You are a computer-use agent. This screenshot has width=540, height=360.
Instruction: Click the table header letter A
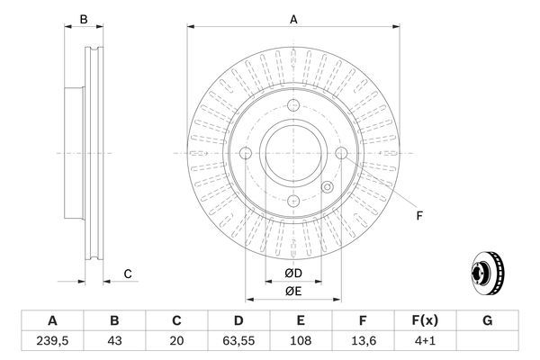pos(52,321)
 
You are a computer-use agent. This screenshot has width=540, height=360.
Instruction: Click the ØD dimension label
pos(293,272)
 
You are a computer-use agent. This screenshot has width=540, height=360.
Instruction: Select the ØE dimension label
pos(293,290)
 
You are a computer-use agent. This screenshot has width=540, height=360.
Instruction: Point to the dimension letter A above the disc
pos(292,18)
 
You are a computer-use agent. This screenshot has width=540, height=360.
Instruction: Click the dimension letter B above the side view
pos(83,19)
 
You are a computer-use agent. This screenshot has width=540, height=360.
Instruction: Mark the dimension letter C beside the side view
pos(128,273)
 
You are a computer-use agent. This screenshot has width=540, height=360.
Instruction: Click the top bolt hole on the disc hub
pos(292,108)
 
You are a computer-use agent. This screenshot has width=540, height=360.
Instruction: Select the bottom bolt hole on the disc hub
pos(292,200)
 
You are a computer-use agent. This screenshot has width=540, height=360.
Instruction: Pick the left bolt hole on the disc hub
pos(247,154)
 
